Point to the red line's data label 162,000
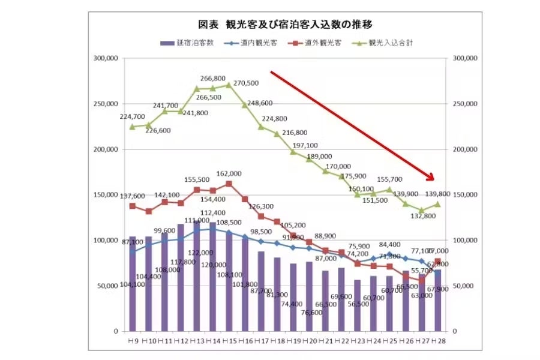click(229, 173)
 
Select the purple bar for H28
click(438, 300)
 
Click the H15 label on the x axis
click(229, 341)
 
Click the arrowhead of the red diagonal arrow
click(431, 177)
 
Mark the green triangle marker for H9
click(133, 127)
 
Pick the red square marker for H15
click(229, 184)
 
